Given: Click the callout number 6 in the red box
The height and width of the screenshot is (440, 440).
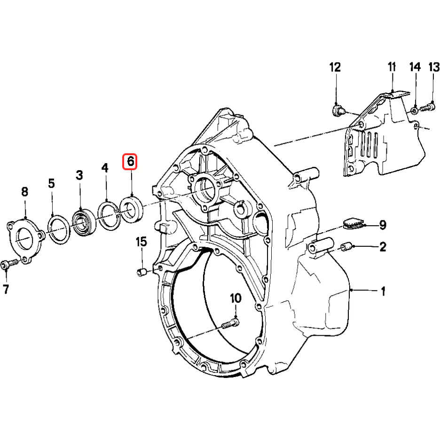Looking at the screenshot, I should click(130, 162).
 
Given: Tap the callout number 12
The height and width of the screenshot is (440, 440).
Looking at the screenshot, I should click(335, 68).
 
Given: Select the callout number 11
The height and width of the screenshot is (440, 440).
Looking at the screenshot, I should click(392, 67).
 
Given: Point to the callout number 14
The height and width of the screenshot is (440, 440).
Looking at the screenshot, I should click(415, 68).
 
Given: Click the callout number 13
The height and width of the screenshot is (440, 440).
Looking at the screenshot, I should click(433, 68).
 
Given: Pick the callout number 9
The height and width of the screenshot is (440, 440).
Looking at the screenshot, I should click(383, 225).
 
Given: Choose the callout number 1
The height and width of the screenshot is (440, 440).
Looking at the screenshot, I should click(383, 291).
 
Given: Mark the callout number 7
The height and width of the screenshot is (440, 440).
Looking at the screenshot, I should click(6, 290).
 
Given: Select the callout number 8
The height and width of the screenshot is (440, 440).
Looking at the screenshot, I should click(24, 191).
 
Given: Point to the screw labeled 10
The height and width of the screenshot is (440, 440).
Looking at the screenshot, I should click(229, 324).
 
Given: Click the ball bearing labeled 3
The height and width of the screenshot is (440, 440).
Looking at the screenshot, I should click(84, 221).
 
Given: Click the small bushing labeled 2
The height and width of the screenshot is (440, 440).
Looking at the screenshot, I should click(346, 246).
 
